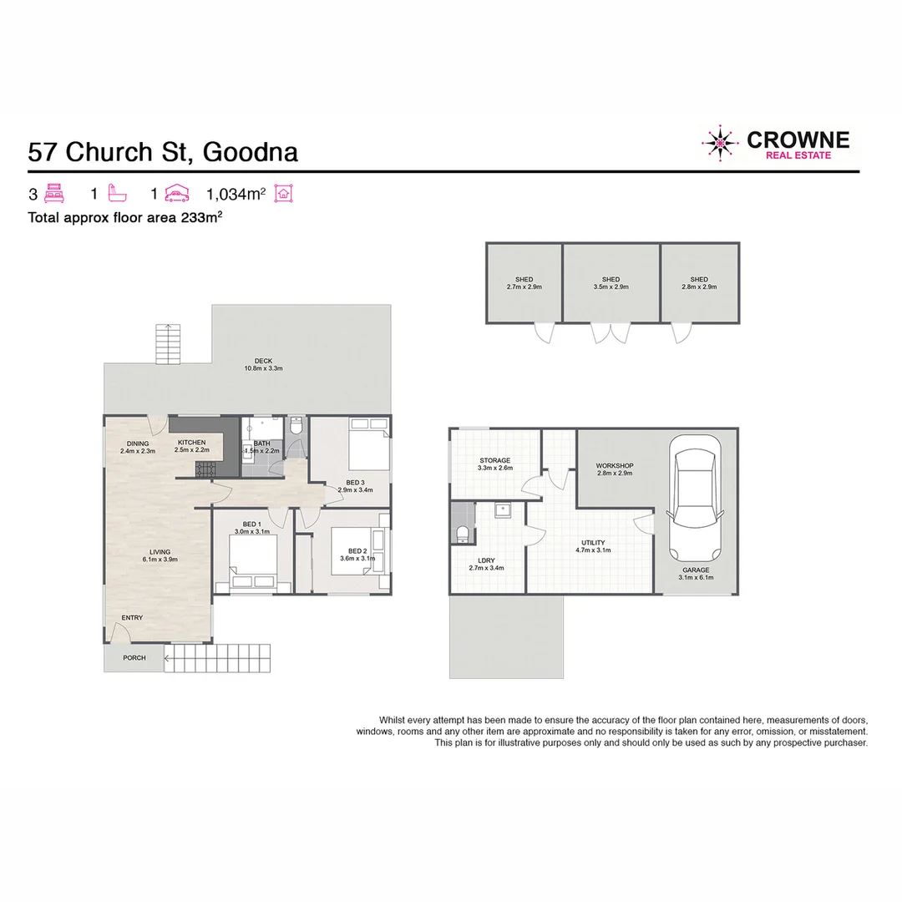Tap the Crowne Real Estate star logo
720,143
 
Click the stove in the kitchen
205,470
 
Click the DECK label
264,362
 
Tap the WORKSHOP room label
614,465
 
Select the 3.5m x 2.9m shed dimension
611,286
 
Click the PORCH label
134,658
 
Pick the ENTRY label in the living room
132,618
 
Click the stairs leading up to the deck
169,342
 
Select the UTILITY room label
593,543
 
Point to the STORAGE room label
494,461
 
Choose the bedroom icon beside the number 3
54,194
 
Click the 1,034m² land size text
236,195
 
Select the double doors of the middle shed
610,333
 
